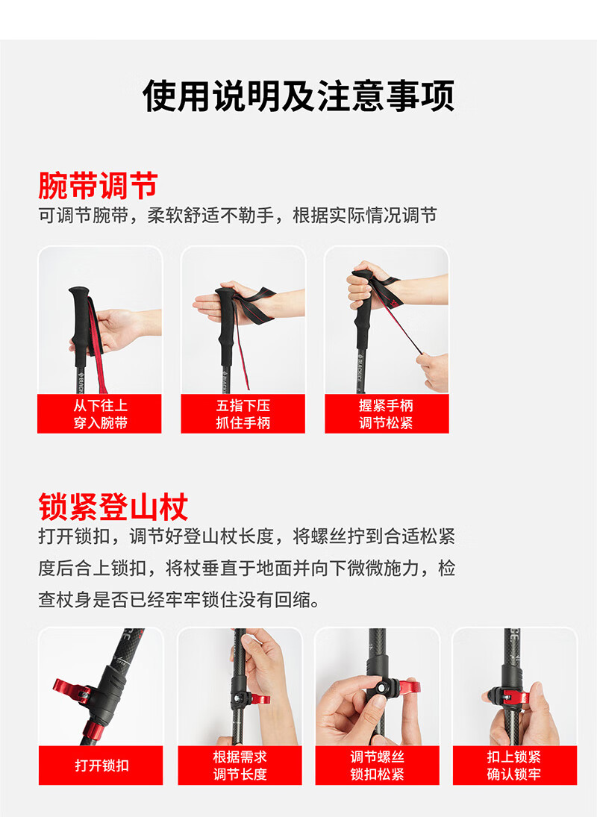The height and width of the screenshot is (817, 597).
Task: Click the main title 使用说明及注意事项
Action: pos(298,96)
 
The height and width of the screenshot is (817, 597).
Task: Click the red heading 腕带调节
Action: pos(98,186)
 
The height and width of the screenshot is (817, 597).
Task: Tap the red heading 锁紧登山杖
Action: pos(113,507)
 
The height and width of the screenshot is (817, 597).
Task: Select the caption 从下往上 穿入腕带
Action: pos(100,414)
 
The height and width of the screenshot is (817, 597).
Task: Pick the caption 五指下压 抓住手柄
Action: pos(243,414)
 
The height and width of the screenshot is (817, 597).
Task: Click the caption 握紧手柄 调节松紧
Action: pos(386,414)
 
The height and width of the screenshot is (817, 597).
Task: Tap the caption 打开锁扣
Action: pos(101,766)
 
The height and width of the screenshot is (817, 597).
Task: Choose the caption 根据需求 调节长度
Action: pos(240,766)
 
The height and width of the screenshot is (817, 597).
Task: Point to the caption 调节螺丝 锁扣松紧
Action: pos(377,766)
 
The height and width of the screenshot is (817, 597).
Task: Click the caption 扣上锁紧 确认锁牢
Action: pos(514,766)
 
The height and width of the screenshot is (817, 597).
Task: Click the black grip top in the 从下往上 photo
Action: pos(79,291)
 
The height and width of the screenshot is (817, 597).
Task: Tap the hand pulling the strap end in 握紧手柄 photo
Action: pos(434,371)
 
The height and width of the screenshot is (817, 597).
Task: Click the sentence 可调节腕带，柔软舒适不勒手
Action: pos(156,215)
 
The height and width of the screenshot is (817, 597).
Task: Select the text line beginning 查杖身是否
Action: pos(178,600)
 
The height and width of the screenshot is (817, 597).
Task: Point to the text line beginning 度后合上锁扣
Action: pos(246,568)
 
